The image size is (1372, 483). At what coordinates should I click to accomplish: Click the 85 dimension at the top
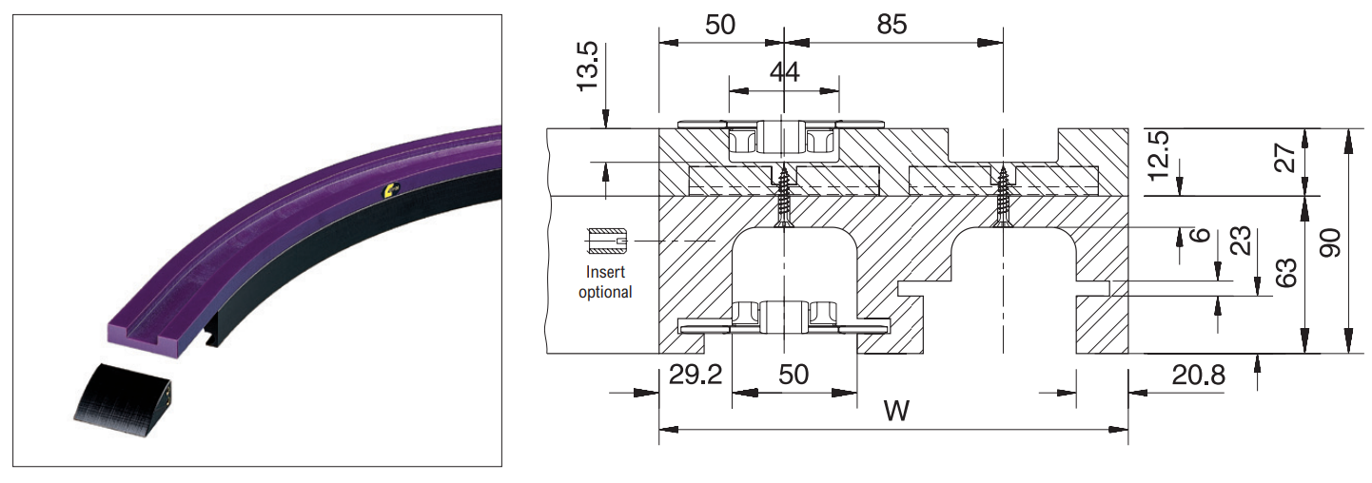(892, 25)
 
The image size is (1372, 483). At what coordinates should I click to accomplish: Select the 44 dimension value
(785, 72)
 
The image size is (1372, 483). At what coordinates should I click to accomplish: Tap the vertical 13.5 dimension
(587, 67)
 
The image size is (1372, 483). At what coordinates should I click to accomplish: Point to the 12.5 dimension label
(1159, 156)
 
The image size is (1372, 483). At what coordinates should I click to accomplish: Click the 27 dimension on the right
(1286, 157)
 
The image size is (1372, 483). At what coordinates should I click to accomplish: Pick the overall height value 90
(1330, 242)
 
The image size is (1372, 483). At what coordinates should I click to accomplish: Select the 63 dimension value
(1286, 273)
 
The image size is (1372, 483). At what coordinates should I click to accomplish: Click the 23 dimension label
(1240, 241)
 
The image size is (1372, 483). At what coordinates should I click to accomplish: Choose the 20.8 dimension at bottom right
(1198, 375)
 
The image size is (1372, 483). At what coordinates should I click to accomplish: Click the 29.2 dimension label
(696, 375)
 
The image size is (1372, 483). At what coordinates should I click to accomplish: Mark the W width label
(896, 410)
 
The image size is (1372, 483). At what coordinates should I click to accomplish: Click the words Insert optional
(605, 281)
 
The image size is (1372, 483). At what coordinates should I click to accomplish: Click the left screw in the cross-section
(783, 197)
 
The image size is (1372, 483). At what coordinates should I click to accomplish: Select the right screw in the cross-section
(1003, 196)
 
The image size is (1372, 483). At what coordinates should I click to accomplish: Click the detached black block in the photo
(124, 401)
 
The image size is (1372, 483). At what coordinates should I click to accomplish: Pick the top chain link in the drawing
(783, 137)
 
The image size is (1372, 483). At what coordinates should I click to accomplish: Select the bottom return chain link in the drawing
(783, 318)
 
